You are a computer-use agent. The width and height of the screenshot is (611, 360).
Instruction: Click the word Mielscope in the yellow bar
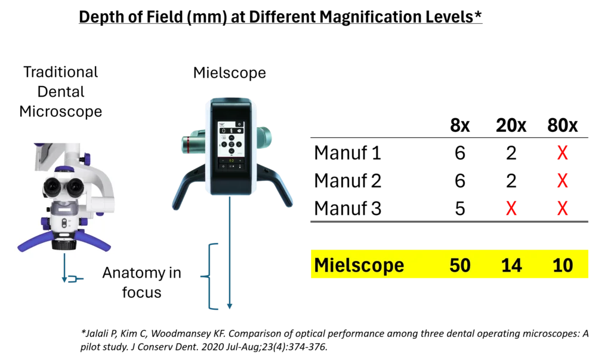pos(359,265)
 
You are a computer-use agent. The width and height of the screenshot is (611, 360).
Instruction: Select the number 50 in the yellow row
pos(459,265)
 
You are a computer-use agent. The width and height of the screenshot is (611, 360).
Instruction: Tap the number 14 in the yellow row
pos(511,265)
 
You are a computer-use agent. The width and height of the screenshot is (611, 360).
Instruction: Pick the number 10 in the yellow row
pos(563,265)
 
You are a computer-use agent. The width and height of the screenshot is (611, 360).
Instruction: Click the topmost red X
pos(562,153)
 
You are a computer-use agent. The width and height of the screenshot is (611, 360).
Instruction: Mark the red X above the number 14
pos(512,210)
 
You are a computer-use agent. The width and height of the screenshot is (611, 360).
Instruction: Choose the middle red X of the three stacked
pos(562,180)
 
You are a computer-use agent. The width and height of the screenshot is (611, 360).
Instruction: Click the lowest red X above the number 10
pos(562,210)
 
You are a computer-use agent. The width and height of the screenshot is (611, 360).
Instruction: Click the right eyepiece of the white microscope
pos(76,188)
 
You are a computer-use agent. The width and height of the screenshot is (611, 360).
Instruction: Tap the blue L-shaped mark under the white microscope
pos(69,276)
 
